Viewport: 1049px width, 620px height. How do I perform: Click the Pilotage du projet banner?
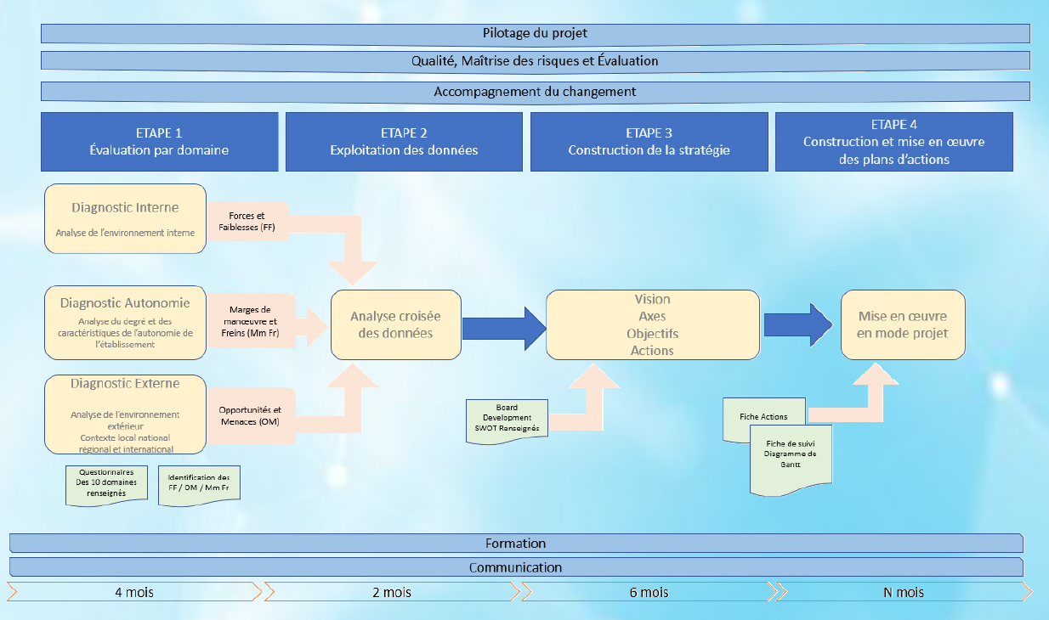point(536,33)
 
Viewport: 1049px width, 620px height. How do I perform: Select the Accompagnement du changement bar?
point(536,91)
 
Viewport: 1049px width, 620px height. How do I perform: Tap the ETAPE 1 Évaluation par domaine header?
point(160,142)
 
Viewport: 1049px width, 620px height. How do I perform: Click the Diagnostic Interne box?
point(125,218)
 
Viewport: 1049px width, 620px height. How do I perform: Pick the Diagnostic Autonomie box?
point(125,323)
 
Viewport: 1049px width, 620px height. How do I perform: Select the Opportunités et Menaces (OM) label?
point(249,415)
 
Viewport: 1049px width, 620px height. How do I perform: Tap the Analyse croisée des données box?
point(395,325)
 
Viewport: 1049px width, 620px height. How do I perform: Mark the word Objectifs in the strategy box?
point(652,334)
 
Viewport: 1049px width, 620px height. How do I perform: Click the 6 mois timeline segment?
point(649,591)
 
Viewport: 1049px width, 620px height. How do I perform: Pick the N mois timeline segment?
point(904,591)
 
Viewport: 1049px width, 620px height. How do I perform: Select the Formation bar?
point(516,544)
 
